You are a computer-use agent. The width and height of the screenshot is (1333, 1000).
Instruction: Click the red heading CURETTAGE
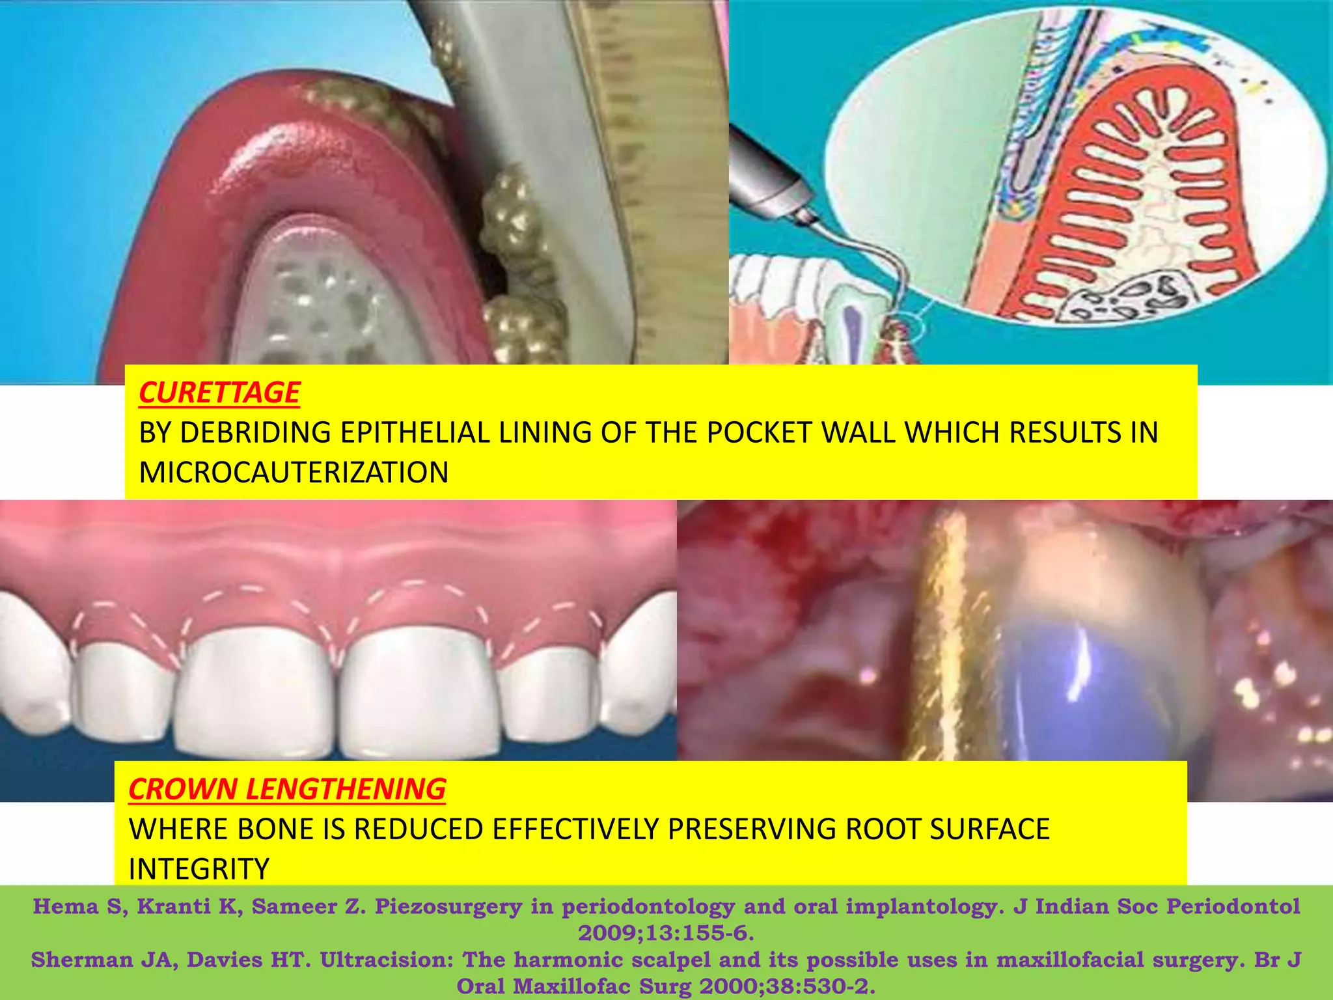tap(219, 393)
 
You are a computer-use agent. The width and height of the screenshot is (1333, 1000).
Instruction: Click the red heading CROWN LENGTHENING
tap(287, 789)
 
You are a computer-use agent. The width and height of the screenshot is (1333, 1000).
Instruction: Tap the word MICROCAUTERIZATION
tap(294, 473)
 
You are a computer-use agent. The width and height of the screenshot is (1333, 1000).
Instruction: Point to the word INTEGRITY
tap(199, 869)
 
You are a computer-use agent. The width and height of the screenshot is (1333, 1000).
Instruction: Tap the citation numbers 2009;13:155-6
tap(666, 933)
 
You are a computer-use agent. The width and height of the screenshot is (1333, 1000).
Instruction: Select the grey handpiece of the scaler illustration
tap(768, 176)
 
